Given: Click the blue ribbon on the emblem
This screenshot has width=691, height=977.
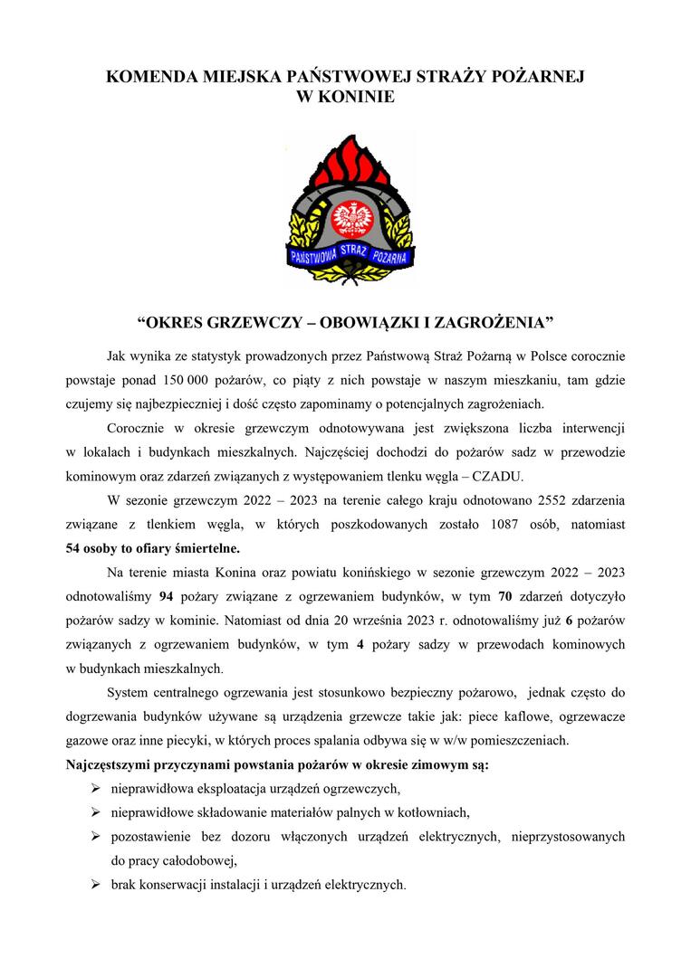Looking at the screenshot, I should (349, 255).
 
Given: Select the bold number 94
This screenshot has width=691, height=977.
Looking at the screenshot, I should (166, 596).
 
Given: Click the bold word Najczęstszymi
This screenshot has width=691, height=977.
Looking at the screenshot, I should (110, 765).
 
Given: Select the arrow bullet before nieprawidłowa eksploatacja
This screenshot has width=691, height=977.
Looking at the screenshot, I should (95, 789).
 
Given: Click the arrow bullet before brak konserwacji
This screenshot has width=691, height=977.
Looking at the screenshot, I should (95, 885).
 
